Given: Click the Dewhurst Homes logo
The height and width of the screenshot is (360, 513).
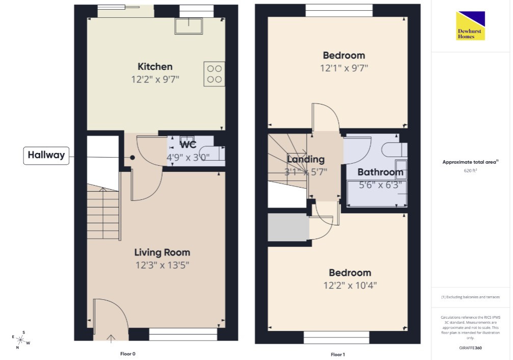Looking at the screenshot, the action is [471, 26].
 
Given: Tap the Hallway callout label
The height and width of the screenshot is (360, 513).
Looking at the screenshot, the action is [46, 155].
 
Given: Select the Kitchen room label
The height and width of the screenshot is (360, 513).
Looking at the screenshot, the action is [155, 66].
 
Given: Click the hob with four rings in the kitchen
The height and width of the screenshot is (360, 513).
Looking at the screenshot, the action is [214, 74].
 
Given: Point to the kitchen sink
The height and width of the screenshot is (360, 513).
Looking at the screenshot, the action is [189, 26].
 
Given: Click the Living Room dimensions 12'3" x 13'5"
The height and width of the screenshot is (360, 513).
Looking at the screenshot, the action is [163, 265].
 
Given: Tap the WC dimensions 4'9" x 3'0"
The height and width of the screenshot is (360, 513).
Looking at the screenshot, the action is [188, 158].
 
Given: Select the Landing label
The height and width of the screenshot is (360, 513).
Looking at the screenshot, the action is [306, 160].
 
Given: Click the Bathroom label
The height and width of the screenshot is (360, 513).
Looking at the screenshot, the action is [380, 172].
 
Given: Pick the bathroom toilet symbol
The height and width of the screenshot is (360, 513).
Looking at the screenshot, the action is [394, 150].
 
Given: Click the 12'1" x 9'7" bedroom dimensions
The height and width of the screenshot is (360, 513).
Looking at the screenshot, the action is [344, 68].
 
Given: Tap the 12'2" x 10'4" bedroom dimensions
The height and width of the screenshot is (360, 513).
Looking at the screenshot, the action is [350, 286].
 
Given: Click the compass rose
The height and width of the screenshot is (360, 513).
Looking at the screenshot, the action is [21, 340].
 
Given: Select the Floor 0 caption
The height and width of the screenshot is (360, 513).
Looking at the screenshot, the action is [127, 354].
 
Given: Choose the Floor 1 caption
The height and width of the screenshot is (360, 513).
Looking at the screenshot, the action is [338, 354].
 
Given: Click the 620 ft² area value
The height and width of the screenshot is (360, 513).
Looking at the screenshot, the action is [470, 170].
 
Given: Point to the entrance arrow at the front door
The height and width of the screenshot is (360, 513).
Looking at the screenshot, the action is [111, 339].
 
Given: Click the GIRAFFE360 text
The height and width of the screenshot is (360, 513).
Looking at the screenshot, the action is [470, 348].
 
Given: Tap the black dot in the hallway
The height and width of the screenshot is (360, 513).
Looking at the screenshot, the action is [132, 158].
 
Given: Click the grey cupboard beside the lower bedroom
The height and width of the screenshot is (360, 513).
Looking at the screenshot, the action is [288, 227].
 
